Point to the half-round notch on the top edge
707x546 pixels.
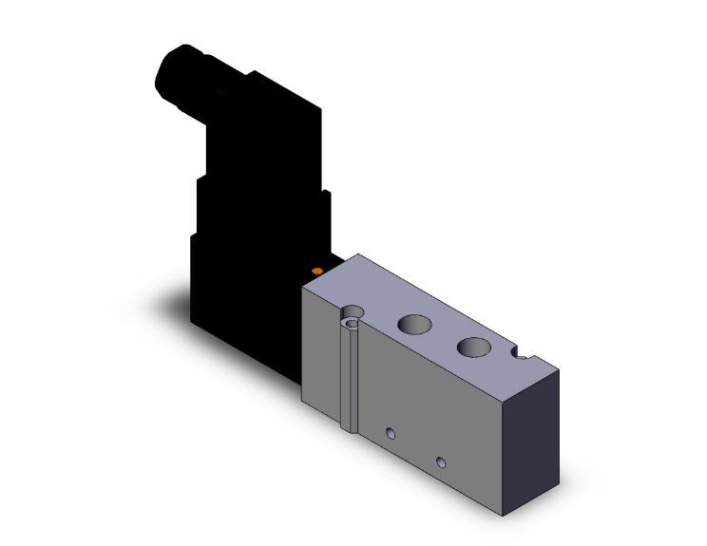click(523, 356)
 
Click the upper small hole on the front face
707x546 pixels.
click(390, 434)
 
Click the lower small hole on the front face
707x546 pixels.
click(440, 462)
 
